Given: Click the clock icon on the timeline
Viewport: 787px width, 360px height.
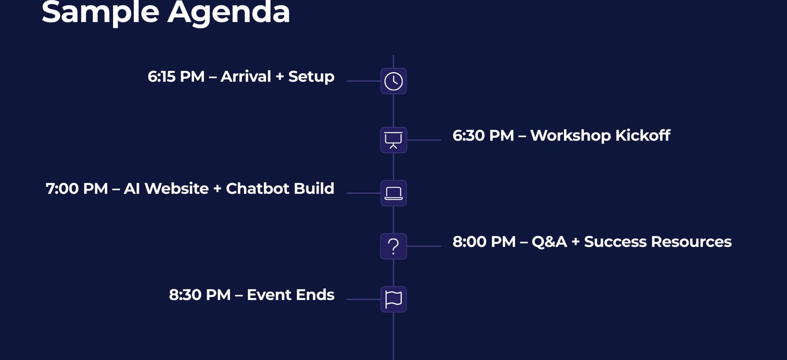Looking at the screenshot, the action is (x=393, y=81).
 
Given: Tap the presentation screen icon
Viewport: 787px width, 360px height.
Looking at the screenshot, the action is (x=393, y=140).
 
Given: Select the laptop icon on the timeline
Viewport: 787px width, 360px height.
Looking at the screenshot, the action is (x=393, y=193).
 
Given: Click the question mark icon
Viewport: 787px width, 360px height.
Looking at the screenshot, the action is (x=393, y=246).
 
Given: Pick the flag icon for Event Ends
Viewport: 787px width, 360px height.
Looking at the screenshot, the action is (x=393, y=299).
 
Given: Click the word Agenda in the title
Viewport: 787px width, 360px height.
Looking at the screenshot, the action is (x=228, y=13).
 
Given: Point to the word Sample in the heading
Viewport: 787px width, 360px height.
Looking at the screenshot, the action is (x=101, y=13).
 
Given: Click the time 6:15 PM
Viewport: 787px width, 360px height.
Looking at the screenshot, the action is (x=176, y=76).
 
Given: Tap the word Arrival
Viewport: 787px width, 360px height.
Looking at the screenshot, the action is (x=245, y=76).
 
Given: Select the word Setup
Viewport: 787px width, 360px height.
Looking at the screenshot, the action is (x=312, y=77).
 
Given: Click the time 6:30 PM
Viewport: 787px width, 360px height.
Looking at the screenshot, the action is (x=483, y=135).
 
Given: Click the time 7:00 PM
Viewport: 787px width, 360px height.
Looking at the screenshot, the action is (x=77, y=188).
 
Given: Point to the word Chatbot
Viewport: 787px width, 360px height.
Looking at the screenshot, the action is (x=257, y=188).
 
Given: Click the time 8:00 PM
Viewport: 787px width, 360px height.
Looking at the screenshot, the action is (x=484, y=241).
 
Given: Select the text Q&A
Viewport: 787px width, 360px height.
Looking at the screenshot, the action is (x=549, y=242).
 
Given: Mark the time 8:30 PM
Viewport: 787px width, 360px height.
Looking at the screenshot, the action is (x=199, y=294).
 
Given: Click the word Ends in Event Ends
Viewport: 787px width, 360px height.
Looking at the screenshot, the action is (x=315, y=294).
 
